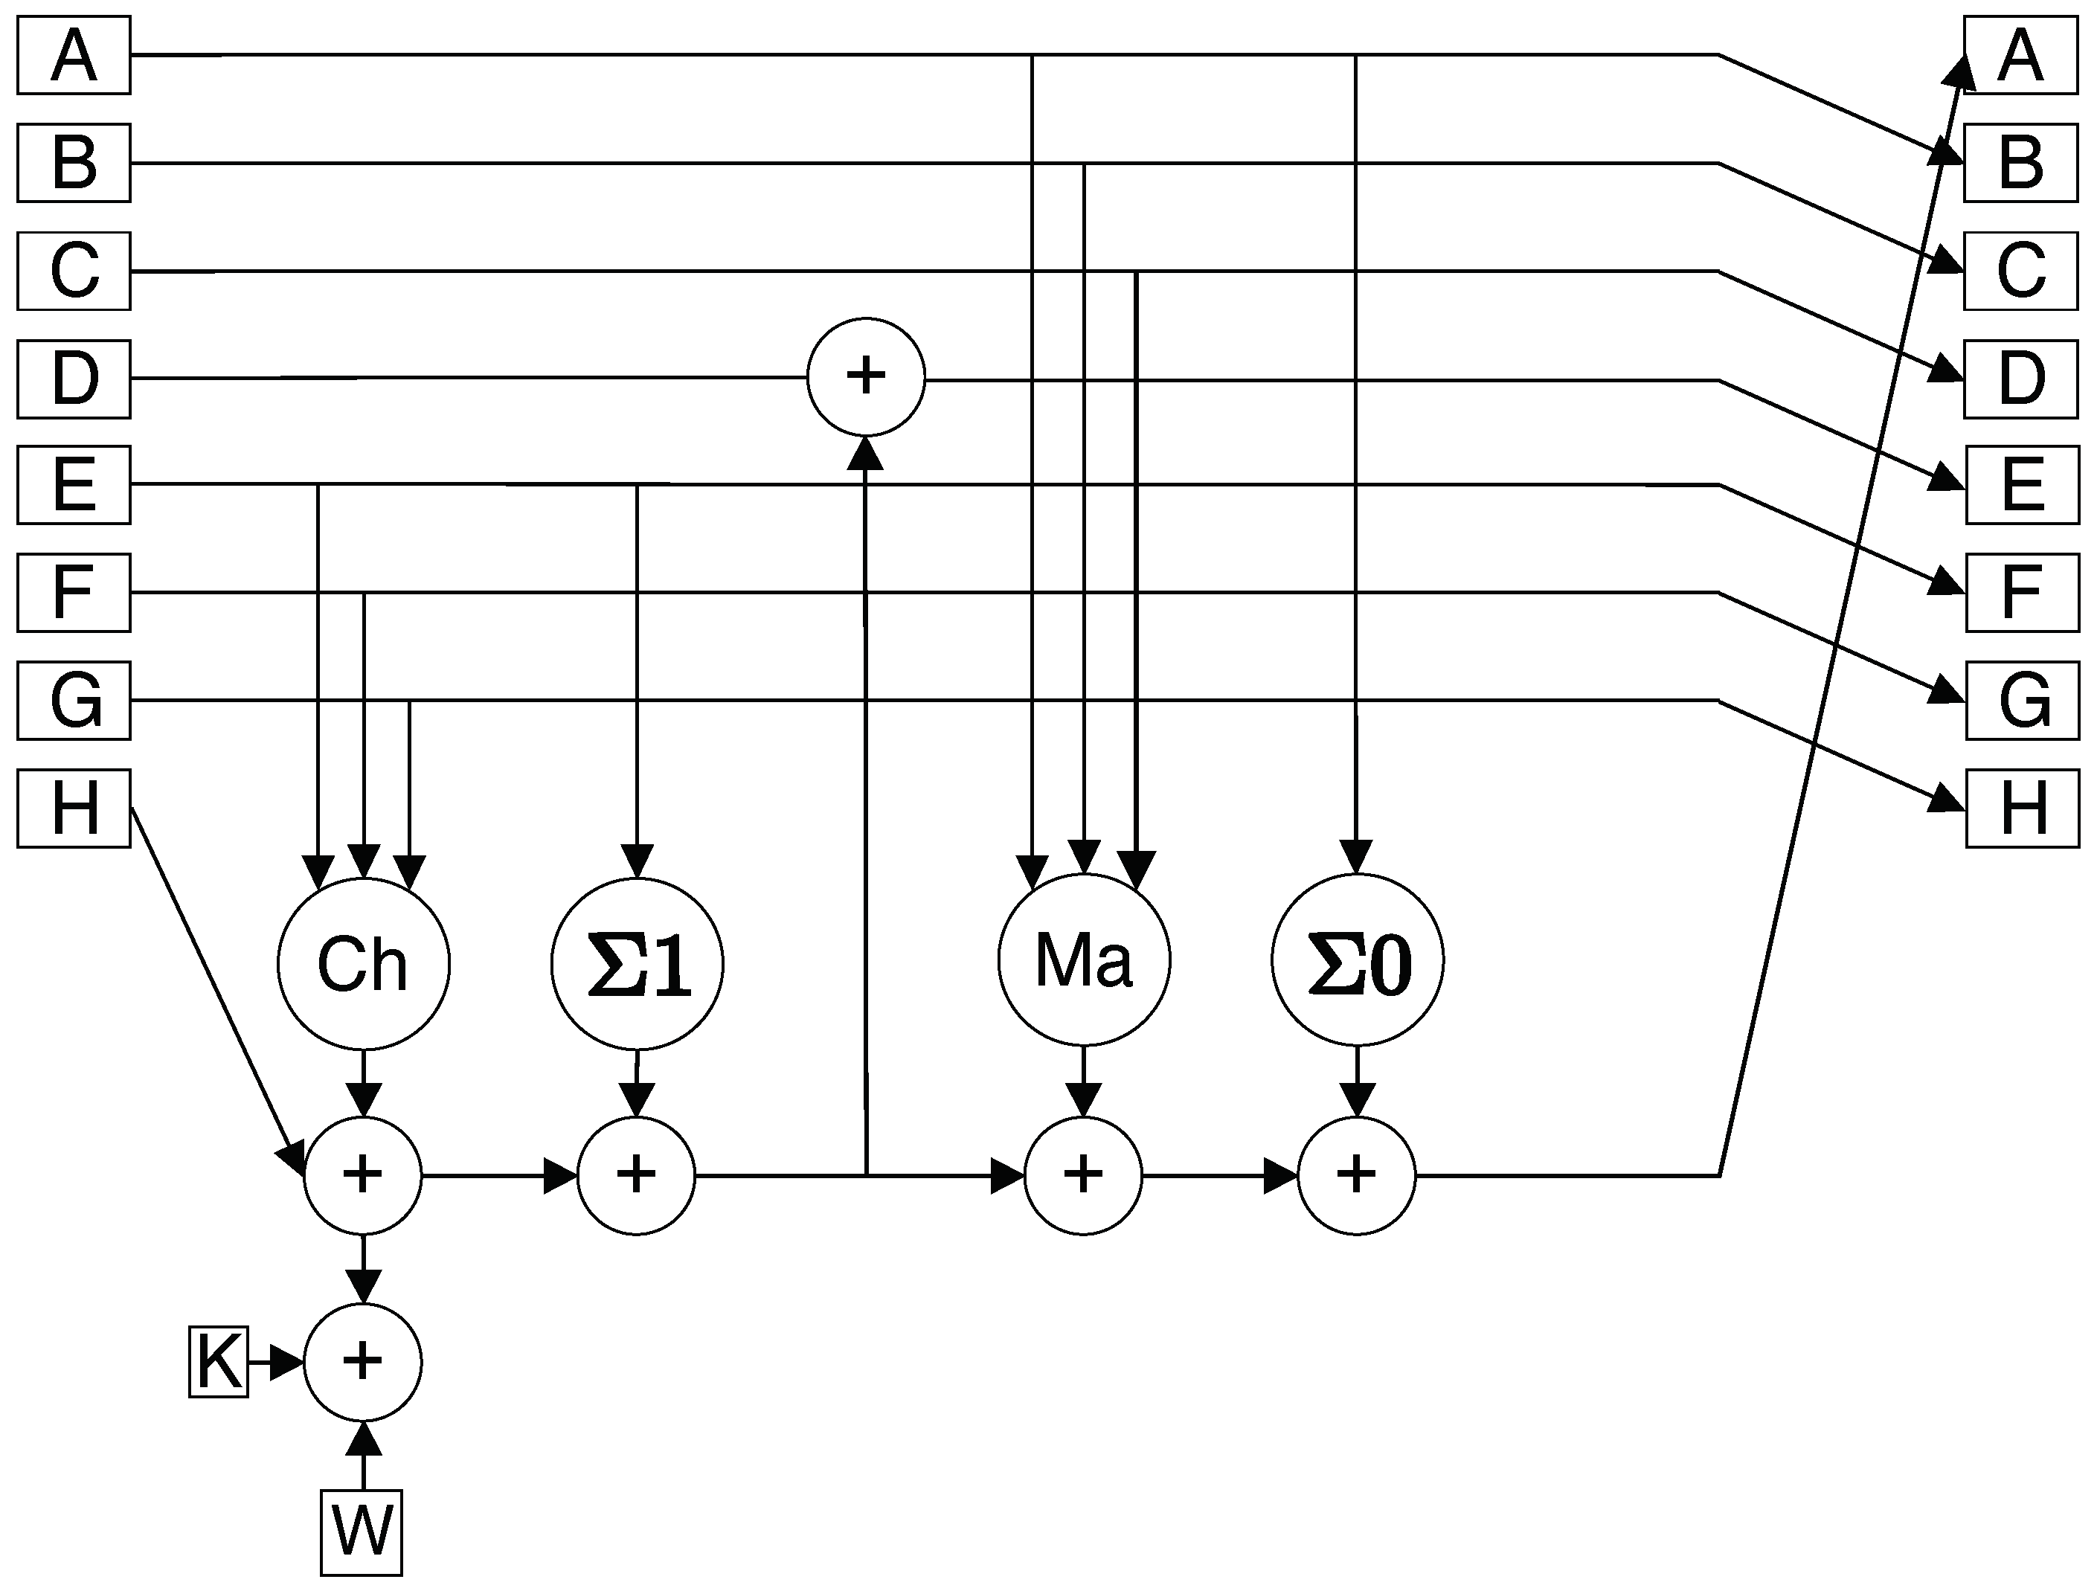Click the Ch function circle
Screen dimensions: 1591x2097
[363, 964]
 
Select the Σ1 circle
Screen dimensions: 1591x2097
[637, 964]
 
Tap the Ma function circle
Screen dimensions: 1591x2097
[1084, 960]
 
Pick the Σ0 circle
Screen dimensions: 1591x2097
[1357, 960]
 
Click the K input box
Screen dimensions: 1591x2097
[218, 1363]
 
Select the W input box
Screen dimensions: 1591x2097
[362, 1533]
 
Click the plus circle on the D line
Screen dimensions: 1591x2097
[866, 377]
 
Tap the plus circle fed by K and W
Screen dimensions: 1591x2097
[363, 1363]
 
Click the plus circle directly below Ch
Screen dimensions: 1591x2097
[363, 1176]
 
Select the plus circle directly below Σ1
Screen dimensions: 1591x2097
[636, 1176]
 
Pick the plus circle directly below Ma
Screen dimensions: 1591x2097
[1084, 1176]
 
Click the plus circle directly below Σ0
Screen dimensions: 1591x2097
[1357, 1176]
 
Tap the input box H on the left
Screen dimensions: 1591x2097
[74, 809]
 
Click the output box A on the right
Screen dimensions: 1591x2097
[2020, 55]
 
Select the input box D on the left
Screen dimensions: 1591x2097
[74, 379]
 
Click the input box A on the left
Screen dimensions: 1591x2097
[74, 55]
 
